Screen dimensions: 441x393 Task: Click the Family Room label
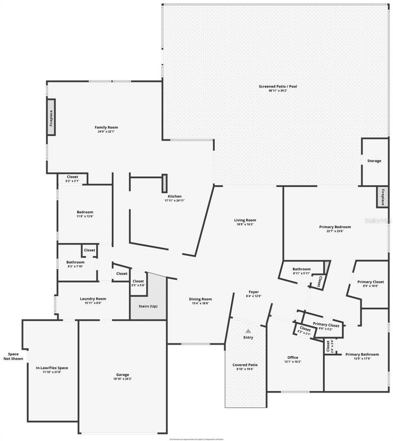pos(106,127)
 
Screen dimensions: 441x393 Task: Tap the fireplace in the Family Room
pos(51,117)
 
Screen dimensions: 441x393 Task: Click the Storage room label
pos(374,161)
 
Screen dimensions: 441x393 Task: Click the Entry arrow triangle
pos(248,330)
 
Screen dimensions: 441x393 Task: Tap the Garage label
pos(123,375)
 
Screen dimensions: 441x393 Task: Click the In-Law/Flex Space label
pos(52,368)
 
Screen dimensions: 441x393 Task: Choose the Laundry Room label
pos(93,298)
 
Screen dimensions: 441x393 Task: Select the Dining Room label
pos(200,299)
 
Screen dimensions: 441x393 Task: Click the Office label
pos(293,357)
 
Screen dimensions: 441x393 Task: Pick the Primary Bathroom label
pos(362,354)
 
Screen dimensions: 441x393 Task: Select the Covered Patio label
pos(245,365)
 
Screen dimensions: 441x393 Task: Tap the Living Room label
pos(245,220)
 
